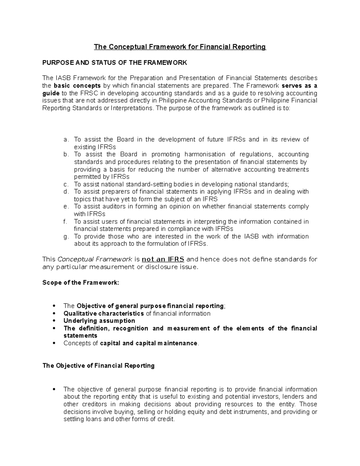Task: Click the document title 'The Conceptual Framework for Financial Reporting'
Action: click(x=180, y=47)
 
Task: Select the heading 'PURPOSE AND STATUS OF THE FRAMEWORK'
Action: click(x=115, y=63)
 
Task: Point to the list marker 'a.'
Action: click(x=66, y=140)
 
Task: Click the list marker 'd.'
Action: click(x=66, y=192)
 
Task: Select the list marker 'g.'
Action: click(x=66, y=237)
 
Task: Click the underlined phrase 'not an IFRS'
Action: click(x=163, y=259)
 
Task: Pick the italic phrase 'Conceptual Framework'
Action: click(x=94, y=259)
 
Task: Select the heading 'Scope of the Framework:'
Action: click(x=81, y=283)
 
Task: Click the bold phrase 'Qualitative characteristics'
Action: click(x=103, y=314)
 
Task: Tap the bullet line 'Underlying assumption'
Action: click(x=99, y=321)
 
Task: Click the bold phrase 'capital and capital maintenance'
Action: click(x=148, y=343)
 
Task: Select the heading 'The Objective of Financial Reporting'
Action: click(x=98, y=366)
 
